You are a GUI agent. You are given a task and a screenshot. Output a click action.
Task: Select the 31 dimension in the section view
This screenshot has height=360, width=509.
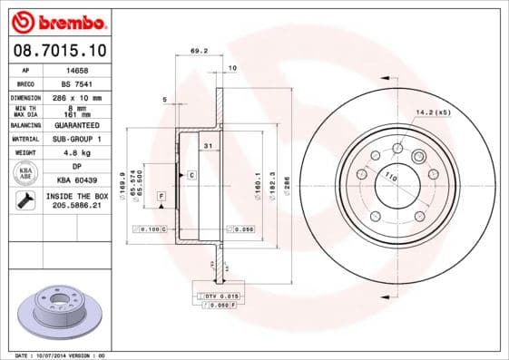tap(207, 145)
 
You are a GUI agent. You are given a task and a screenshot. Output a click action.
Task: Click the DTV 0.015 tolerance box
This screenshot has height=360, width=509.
tap(217, 297)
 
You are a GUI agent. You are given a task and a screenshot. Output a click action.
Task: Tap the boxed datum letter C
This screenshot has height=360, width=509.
tap(191, 174)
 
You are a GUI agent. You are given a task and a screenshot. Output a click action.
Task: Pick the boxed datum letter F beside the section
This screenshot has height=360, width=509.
tap(161, 196)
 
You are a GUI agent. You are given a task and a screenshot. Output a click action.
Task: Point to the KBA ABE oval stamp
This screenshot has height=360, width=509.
tap(26, 174)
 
